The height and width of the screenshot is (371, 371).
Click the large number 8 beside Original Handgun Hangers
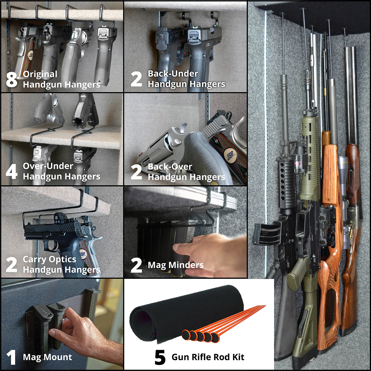coord(12,79)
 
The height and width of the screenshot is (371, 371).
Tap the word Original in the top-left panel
coord(40,74)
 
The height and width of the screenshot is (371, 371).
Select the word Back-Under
coord(173,74)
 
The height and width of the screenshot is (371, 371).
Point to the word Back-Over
coord(170,167)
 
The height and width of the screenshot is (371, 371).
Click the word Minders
coord(186,265)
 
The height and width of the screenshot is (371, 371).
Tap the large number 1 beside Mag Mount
coord(11,357)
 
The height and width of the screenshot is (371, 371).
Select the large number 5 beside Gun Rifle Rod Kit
coord(160,357)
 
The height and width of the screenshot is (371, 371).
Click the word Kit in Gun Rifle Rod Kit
coord(238,357)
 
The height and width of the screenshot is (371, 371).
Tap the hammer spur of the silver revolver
coord(183,126)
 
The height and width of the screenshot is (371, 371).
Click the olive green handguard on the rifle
coord(309,158)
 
